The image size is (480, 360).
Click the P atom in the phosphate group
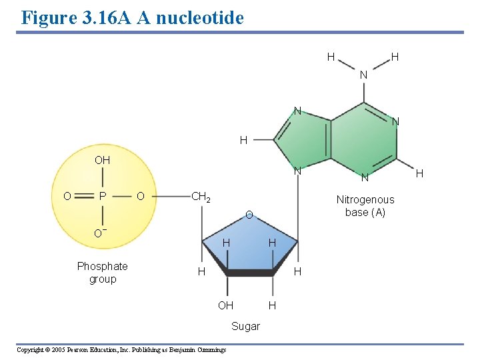pyautogui.click(x=102, y=196)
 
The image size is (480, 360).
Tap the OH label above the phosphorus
pyautogui.click(x=102, y=161)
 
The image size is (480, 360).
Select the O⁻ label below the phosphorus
pyautogui.click(x=101, y=233)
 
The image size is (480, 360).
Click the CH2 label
pyautogui.click(x=201, y=197)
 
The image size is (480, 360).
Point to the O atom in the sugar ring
pyautogui.click(x=248, y=215)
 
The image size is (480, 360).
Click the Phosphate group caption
pyautogui.click(x=102, y=273)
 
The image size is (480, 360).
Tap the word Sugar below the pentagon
pyautogui.click(x=245, y=326)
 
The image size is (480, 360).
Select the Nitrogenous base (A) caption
pyautogui.click(x=365, y=206)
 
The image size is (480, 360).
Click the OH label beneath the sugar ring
pyautogui.click(x=226, y=305)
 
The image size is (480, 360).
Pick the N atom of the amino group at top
pyautogui.click(x=363, y=75)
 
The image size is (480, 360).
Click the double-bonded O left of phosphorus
pyautogui.click(x=67, y=196)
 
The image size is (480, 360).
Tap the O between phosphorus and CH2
pyautogui.click(x=140, y=196)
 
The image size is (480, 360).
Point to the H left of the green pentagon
pyautogui.click(x=243, y=140)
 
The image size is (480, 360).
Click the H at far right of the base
pyautogui.click(x=419, y=174)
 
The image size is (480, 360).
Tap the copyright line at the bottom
pyautogui.click(x=121, y=350)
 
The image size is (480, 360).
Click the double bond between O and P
pyautogui.click(x=84, y=196)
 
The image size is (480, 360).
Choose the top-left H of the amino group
pyautogui.click(x=331, y=57)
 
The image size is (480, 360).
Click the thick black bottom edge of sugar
pyautogui.click(x=250, y=273)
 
